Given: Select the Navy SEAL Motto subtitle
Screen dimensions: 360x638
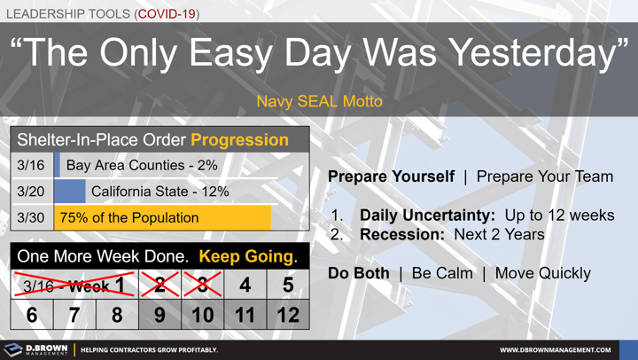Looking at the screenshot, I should click(319, 101).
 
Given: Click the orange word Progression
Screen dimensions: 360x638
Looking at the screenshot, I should click(239, 140).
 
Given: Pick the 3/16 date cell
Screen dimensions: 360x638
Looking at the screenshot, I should click(31, 166).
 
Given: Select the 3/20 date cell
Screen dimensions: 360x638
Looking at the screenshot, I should click(31, 192).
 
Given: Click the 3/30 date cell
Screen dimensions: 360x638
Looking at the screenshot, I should click(31, 217).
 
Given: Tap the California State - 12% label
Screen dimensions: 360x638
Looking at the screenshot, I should click(159, 192).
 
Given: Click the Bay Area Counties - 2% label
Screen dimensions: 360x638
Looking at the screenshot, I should click(142, 166).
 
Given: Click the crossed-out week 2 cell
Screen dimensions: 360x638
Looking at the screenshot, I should click(159, 286).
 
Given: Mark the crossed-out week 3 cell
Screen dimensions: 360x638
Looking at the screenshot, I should click(202, 286).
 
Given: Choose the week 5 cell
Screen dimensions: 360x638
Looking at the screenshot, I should click(287, 286).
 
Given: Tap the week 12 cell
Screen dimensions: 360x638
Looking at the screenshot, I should click(287, 315).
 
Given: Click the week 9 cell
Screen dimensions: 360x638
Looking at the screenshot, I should click(159, 315).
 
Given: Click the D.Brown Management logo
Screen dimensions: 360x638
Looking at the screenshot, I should click(36, 349).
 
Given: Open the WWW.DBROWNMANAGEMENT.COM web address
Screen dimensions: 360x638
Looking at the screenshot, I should click(555, 350).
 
